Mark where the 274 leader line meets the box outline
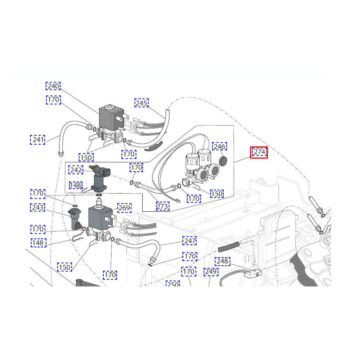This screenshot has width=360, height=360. tap(234, 163)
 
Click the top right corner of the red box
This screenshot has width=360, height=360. tap(267, 147)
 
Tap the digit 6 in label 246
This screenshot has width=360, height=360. tap(224, 146)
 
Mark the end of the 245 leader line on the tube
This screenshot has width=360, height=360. tap(165, 118)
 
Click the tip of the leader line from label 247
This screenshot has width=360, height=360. tap(161, 246)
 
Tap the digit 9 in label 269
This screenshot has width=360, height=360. tap(129, 208)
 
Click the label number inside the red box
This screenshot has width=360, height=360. tap(259, 152)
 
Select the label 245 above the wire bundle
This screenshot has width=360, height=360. tap(141, 103)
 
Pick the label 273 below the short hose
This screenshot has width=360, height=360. tap(162, 206)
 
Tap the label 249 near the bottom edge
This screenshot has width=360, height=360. tap(211, 271)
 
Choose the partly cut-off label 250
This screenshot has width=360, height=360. tap(173, 284)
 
